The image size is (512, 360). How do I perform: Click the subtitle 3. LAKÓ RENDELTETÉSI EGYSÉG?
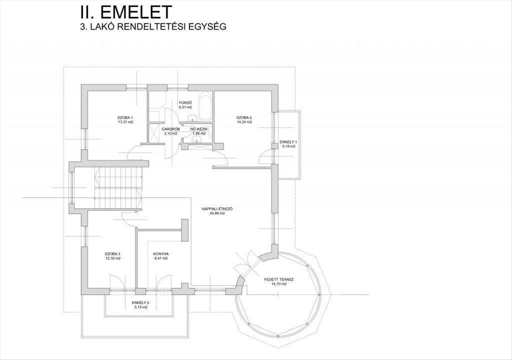point(152,26)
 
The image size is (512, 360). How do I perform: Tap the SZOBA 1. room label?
point(125,117)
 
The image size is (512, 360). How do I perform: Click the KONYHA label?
point(161,254)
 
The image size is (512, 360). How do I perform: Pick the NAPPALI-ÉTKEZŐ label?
point(220,209)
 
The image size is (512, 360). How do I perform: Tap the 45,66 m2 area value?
point(220,213)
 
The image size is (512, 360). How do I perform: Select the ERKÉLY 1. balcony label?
point(288,142)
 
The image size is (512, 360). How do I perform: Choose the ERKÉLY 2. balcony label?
point(140,302)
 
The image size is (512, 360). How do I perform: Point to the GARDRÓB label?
point(170,129)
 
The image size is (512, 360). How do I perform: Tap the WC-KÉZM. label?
point(199,129)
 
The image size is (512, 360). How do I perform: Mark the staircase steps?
point(118,188)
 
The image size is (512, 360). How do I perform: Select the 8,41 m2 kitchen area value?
point(161,258)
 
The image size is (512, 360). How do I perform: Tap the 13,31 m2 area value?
point(125,122)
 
